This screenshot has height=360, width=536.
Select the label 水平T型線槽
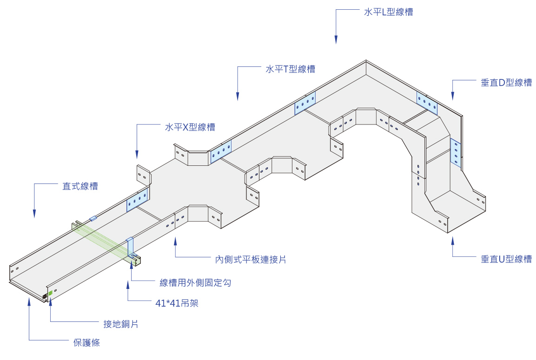pyautogui.click(x=290, y=69)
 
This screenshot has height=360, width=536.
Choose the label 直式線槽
pyautogui.click(x=80, y=186)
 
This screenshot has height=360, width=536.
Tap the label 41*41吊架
pyautogui.click(x=177, y=304)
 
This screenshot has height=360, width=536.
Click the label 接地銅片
pyautogui.click(x=120, y=324)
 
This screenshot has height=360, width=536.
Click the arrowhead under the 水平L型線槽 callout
pyautogui.click(x=336, y=41)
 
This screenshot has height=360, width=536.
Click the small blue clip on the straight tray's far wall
pyautogui.click(x=93, y=217)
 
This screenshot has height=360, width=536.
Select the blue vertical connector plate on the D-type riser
pyautogui.click(x=456, y=153)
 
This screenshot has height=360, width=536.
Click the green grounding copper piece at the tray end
pyautogui.click(x=50, y=293)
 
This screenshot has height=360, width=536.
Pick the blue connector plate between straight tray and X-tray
pyautogui.click(x=137, y=200)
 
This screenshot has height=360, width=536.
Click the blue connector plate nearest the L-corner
pyautogui.click(x=427, y=103)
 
